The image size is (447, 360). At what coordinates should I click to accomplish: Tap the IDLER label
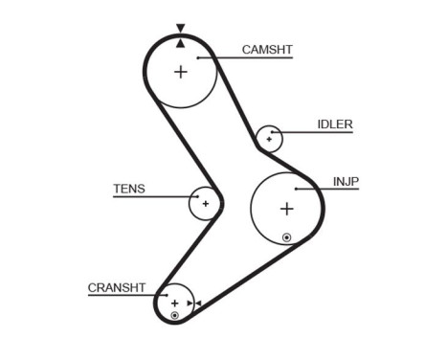coord(335,124)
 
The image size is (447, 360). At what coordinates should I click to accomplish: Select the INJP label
coord(346,179)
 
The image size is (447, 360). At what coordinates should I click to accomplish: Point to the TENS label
coord(129,189)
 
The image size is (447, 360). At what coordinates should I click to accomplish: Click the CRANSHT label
coord(116,286)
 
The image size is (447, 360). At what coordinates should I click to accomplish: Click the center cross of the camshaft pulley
coord(181,72)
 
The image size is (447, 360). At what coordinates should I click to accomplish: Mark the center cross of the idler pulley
coord(270,140)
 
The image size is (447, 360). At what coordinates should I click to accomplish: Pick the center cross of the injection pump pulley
coord(286,209)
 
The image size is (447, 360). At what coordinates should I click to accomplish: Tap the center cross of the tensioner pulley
coord(205,203)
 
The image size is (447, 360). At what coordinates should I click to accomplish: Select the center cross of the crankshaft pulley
coord(174,303)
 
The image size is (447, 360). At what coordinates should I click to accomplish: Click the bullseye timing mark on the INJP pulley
coord(286,236)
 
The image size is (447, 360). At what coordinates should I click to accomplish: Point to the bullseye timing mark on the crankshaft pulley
coord(174,315)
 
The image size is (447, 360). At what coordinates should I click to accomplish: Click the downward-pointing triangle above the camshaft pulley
coord(180,29)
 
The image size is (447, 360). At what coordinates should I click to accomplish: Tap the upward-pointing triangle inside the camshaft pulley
coord(180,41)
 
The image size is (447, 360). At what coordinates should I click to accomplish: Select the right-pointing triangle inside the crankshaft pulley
coord(189,304)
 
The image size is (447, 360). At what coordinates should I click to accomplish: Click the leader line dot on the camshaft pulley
coord(197,57)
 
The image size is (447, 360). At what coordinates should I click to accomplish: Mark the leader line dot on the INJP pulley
coord(298,190)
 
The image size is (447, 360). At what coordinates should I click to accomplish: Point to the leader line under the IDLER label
coord(316,132)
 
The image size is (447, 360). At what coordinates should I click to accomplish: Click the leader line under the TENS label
coord(153,197)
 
